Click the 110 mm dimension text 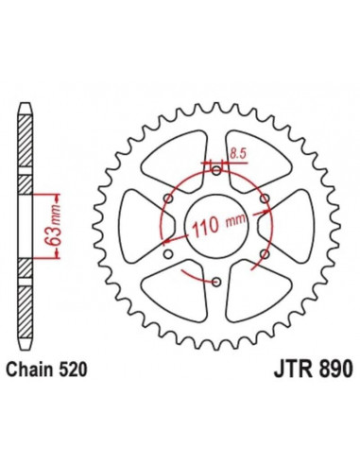[x=216, y=228]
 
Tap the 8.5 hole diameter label [x=238, y=150]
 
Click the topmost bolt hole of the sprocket [x=216, y=170]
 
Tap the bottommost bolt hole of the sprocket [x=216, y=283]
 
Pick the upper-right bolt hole [x=265, y=198]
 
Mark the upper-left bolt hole [x=168, y=198]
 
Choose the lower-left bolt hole [x=168, y=254]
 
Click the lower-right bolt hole [x=265, y=254]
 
